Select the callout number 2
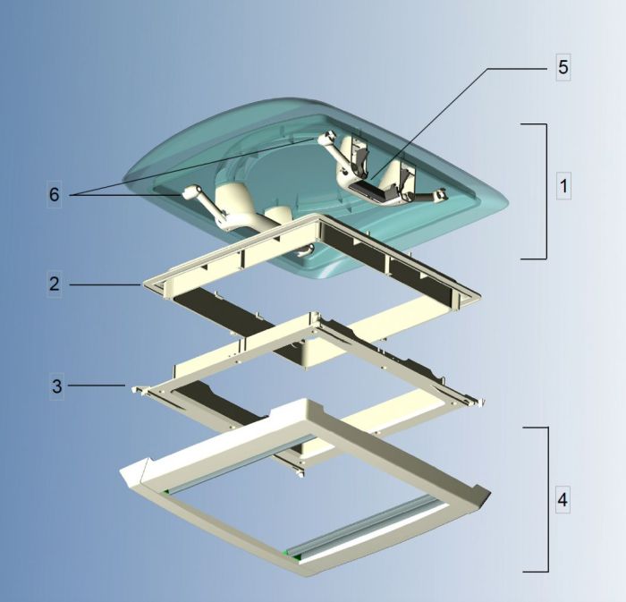(x=55, y=284)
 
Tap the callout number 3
(x=56, y=386)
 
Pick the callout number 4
(x=563, y=498)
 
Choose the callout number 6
(x=55, y=195)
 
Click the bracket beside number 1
(x=544, y=191)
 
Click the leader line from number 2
(x=103, y=285)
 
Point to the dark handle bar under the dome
(x=376, y=189)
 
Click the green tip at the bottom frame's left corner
(x=166, y=491)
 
